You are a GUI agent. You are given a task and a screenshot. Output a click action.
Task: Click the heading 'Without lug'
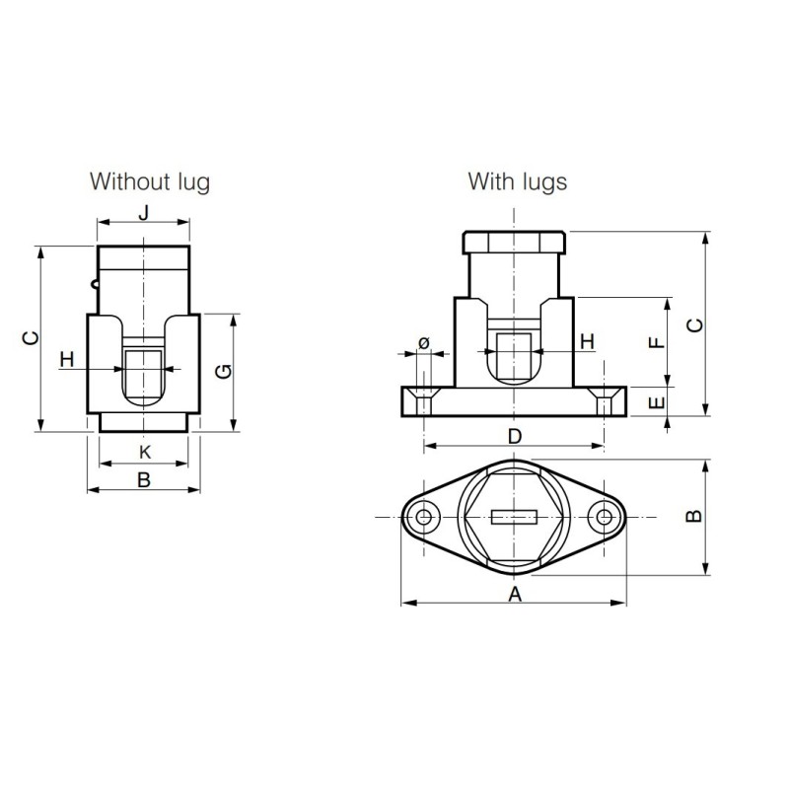150,181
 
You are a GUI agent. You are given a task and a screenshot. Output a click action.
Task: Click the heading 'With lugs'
518,181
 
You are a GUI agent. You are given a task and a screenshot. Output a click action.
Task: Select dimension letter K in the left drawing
144,452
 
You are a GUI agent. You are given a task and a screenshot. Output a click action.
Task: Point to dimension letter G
224,371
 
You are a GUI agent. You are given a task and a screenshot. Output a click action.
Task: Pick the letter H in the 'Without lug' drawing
67,359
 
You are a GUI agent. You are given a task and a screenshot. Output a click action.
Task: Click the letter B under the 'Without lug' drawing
144,480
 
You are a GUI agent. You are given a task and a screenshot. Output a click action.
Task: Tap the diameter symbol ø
424,342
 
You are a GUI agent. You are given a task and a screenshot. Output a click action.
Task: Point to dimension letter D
514,436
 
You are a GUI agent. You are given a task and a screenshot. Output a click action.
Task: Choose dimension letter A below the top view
514,593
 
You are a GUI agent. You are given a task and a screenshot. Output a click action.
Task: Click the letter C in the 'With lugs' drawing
694,324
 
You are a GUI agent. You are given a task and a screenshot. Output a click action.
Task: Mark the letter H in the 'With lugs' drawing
587,341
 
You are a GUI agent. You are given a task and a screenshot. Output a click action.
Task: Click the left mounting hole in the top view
425,517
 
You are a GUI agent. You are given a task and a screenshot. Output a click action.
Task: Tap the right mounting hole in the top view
603,517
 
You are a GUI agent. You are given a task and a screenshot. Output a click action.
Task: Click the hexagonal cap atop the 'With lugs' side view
514,243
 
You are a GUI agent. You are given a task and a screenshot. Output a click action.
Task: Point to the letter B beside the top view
694,516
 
